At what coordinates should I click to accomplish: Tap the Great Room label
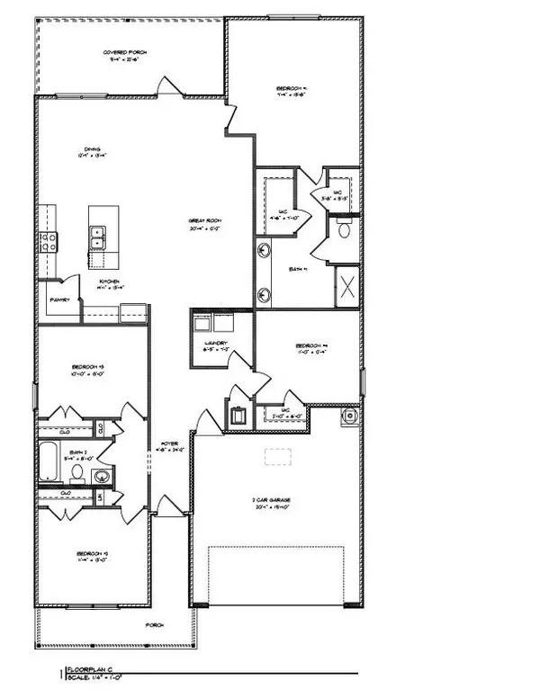[206, 220]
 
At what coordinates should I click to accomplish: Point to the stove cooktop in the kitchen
[49, 240]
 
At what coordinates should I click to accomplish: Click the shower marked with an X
[346, 285]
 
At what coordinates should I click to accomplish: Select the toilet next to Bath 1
[344, 230]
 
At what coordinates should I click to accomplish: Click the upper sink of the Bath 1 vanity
[264, 251]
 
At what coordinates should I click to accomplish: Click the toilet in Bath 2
[78, 471]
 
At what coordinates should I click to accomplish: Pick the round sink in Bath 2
[101, 476]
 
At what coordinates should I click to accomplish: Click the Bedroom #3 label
[91, 367]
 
